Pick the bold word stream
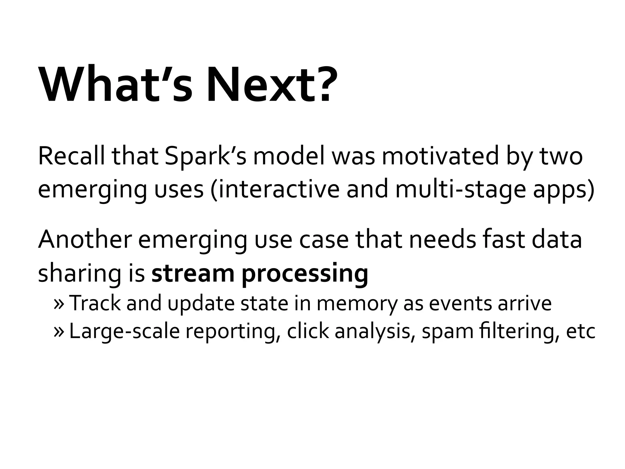[193, 273]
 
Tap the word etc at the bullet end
[580, 332]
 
